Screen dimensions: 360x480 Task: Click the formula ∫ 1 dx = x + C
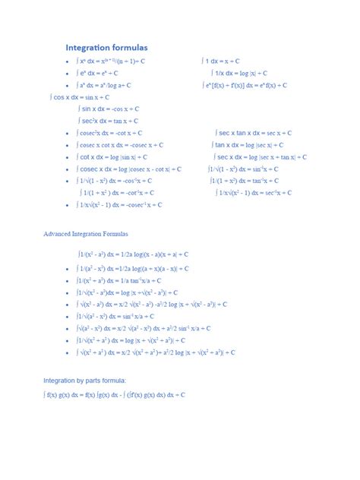point(221,61)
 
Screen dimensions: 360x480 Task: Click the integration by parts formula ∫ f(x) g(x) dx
point(115,395)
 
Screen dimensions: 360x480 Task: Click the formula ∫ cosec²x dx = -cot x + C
point(117,133)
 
